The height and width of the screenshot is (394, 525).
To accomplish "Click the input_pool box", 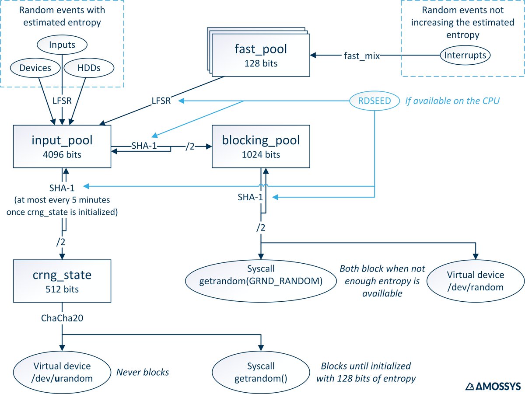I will [62, 146].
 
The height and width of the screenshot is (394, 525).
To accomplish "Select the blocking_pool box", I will [262, 146].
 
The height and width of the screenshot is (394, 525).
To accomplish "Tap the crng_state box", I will [62, 280].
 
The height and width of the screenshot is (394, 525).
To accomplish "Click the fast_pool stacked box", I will [260, 55].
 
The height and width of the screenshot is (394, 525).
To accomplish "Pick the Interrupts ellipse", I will [465, 56].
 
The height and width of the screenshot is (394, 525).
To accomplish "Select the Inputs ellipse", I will [62, 45].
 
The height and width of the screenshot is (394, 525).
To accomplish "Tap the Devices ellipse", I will [35, 68].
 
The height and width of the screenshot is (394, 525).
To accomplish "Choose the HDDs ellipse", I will [89, 68].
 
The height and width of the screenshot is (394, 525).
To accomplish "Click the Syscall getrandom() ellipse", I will [261, 372].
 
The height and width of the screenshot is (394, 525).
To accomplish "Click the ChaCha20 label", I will [63, 318].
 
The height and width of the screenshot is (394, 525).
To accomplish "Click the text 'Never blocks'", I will [143, 373].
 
